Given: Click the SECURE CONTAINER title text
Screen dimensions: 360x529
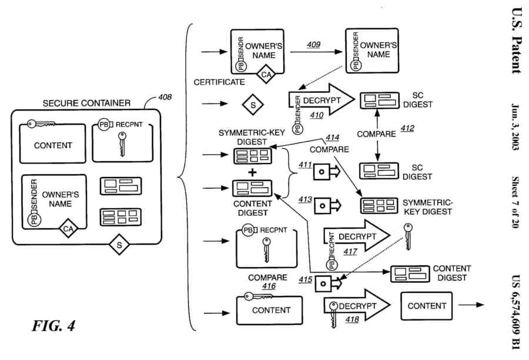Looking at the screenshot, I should (x=86, y=103).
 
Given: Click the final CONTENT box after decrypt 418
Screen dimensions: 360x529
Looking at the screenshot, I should (x=427, y=306).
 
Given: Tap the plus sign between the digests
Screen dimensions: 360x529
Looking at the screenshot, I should (x=252, y=172).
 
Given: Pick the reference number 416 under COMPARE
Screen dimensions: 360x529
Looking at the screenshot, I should (x=269, y=286).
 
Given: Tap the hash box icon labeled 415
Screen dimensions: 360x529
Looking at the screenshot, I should (x=323, y=283).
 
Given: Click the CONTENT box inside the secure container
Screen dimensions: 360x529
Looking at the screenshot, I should (x=53, y=145).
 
